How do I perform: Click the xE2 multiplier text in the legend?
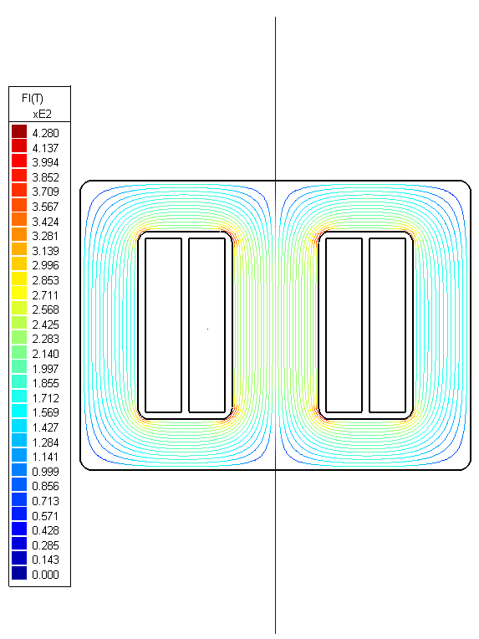pyautogui.click(x=43, y=114)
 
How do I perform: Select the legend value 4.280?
pyautogui.click(x=45, y=133)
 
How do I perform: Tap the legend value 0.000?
pyautogui.click(x=45, y=574)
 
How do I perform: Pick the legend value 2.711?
pyautogui.click(x=45, y=294)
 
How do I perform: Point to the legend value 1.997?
pyautogui.click(x=45, y=368)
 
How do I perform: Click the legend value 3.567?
pyautogui.click(x=45, y=207)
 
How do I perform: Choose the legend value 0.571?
pyautogui.click(x=45, y=515)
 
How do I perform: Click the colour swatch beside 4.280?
pyautogui.click(x=19, y=132)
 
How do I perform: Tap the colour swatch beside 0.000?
pyautogui.click(x=19, y=574)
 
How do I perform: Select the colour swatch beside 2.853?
pyautogui.click(x=19, y=279)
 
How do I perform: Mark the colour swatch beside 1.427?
pyautogui.click(x=19, y=427)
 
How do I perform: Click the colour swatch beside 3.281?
pyautogui.click(x=19, y=236)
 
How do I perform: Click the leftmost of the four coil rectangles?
pyautogui.click(x=163, y=325)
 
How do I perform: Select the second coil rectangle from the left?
pyautogui.click(x=207, y=325)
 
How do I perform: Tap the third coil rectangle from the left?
pyautogui.click(x=344, y=325)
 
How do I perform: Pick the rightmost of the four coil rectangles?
pyautogui.click(x=387, y=325)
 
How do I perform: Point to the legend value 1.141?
pyautogui.click(x=45, y=456)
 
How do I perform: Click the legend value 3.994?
pyautogui.click(x=45, y=162)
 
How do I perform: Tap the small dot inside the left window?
pyautogui.click(x=207, y=330)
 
